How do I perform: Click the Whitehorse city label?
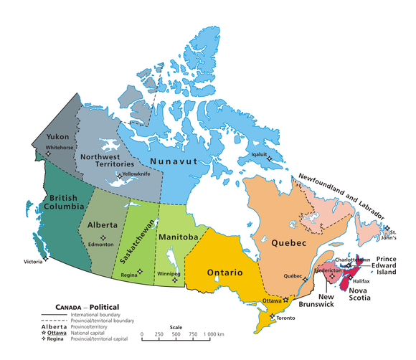pyautogui.click(x=59, y=148)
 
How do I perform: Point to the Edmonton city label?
pyautogui.click(x=100, y=245)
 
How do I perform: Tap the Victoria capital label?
pyautogui.click(x=33, y=262)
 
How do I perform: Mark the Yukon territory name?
pyautogui.click(x=57, y=136)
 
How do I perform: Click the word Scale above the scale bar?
pyautogui.click(x=176, y=326)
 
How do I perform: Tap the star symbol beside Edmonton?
pyautogui.click(x=103, y=237)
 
